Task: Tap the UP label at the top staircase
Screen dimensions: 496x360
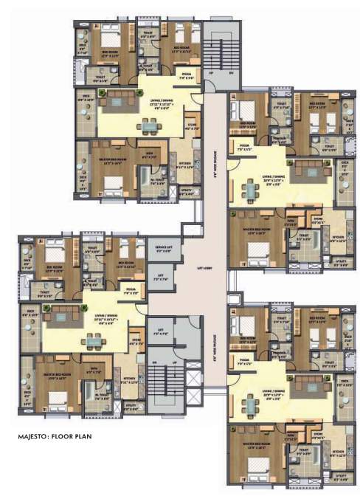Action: click(210, 73)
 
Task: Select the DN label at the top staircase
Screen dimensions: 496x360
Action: click(231, 73)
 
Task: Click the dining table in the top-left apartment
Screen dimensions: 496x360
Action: click(150, 125)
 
